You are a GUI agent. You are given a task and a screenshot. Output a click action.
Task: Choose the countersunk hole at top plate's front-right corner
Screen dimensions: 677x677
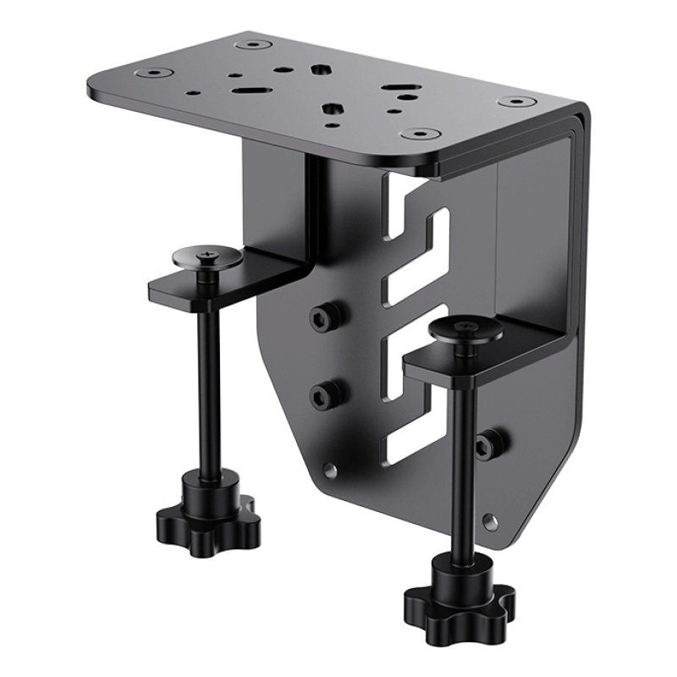point(416,134)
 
